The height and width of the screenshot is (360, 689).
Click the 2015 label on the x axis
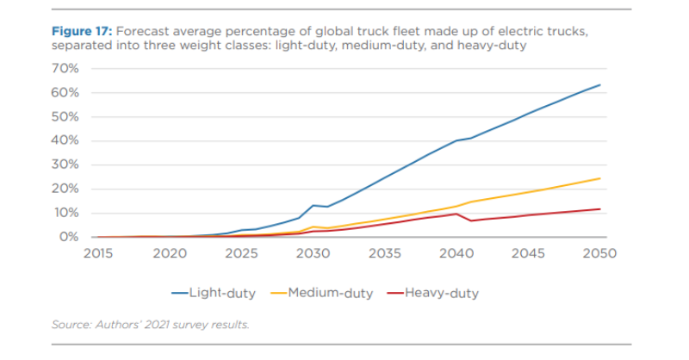pyautogui.click(x=99, y=255)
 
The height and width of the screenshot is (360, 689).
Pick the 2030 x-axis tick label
pyautogui.click(x=313, y=255)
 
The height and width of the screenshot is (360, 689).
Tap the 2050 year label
pyautogui.click(x=599, y=255)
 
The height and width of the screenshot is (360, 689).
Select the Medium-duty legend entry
pyautogui.click(x=325, y=293)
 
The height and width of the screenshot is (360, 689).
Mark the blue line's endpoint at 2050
pyautogui.click(x=599, y=85)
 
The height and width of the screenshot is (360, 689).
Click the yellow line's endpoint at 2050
pyautogui.click(x=599, y=178)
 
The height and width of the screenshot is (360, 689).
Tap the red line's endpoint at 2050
pyautogui.click(x=599, y=209)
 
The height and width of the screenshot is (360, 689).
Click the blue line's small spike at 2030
pyautogui.click(x=313, y=205)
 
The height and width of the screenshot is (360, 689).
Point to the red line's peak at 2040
pyautogui.click(x=456, y=214)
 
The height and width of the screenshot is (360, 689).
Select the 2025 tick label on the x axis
pyautogui.click(x=242, y=255)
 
